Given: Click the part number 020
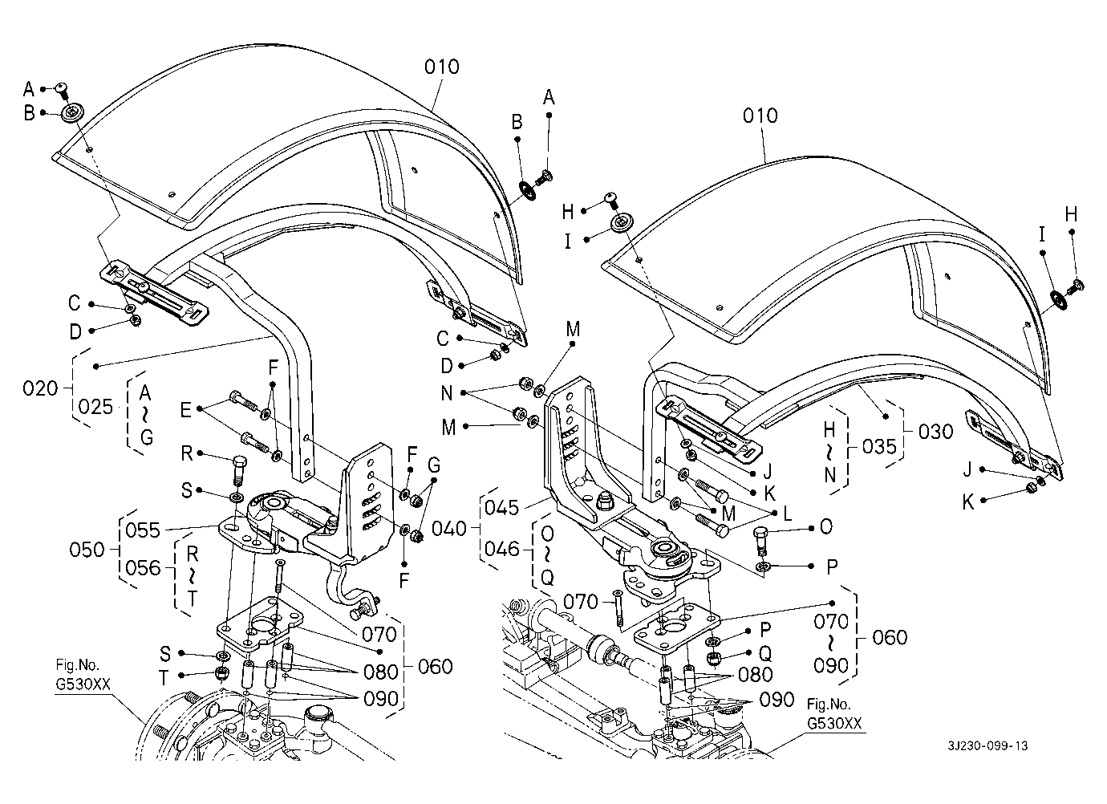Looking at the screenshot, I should pyautogui.click(x=40, y=389).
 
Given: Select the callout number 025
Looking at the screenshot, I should pyautogui.click(x=96, y=408).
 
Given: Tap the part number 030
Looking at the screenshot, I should pyautogui.click(x=936, y=432).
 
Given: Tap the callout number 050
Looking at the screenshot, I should pyautogui.click(x=87, y=550).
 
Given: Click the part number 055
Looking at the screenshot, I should pyautogui.click(x=143, y=530).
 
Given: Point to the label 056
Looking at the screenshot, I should pyautogui.click(x=143, y=568).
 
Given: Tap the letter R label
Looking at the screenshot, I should pyautogui.click(x=187, y=454).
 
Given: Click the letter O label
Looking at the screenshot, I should pyautogui.click(x=825, y=527).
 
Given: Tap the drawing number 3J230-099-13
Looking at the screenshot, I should pyautogui.click(x=986, y=745).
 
